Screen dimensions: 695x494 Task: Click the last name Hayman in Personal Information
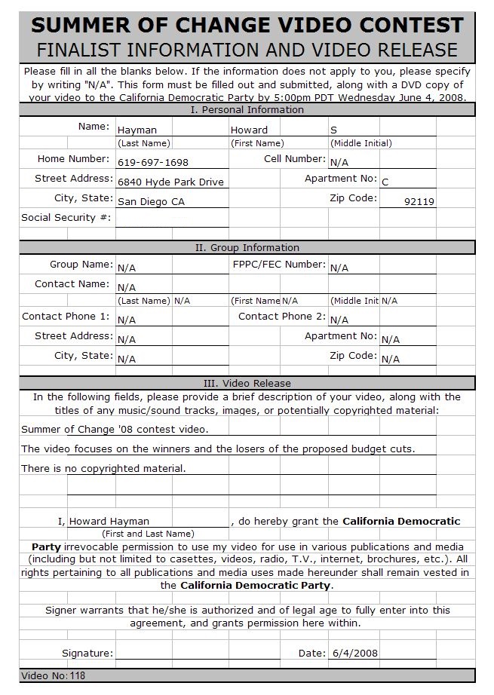[x=137, y=130]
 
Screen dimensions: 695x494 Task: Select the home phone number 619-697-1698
[x=153, y=162]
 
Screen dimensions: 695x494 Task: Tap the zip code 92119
[x=419, y=202]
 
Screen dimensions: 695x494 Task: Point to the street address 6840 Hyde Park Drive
[x=171, y=182]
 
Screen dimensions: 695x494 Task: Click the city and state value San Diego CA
[x=151, y=202]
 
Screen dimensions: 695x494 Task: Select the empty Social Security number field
[x=172, y=219]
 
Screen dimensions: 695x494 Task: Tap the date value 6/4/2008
[x=354, y=654]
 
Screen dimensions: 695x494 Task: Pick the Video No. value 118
[x=78, y=676]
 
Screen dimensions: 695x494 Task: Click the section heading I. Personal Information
[x=247, y=110]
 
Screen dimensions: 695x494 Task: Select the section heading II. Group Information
[x=247, y=248]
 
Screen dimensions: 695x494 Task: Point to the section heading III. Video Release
[x=247, y=384]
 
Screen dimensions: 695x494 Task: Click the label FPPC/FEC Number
[x=279, y=265]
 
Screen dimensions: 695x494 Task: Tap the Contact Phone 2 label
[x=282, y=317]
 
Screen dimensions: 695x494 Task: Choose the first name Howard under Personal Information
[x=249, y=130]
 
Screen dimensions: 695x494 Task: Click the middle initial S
[x=334, y=130]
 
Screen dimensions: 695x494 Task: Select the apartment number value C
[x=385, y=182]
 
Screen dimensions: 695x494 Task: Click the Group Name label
[x=81, y=265]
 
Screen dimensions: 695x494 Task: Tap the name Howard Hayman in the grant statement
[x=109, y=522]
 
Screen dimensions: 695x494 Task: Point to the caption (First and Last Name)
[x=153, y=534]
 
